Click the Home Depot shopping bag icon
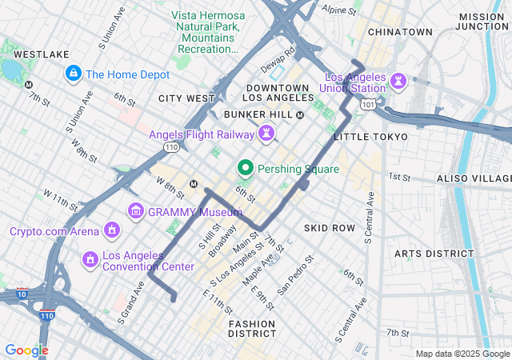click(x=74, y=74)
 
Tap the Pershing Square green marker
click(x=245, y=169)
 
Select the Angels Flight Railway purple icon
click(x=264, y=134)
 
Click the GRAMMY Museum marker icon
click(x=135, y=211)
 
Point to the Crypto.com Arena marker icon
click(x=112, y=231)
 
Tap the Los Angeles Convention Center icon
click(x=90, y=259)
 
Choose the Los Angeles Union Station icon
click(x=398, y=81)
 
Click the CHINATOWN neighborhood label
click(x=400, y=32)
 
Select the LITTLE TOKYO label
click(x=370, y=137)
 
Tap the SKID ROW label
click(x=329, y=228)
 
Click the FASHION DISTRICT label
click(x=252, y=328)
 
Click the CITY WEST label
click(x=186, y=98)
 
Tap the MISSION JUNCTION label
click(x=482, y=22)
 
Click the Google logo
click(x=26, y=350)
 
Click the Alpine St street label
click(x=338, y=11)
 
